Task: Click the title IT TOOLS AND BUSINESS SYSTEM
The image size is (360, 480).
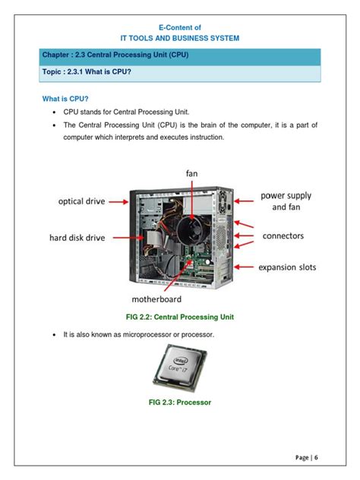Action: pos(179,36)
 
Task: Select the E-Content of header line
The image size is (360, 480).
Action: pos(179,26)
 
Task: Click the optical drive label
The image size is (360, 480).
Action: pos(71,201)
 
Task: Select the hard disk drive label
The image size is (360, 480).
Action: pos(73,238)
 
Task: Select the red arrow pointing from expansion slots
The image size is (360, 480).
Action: pos(245,267)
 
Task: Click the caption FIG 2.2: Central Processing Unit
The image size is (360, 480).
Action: pos(180,315)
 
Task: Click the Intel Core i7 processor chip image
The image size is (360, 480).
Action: pos(180,367)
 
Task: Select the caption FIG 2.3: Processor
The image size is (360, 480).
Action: pos(180,403)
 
